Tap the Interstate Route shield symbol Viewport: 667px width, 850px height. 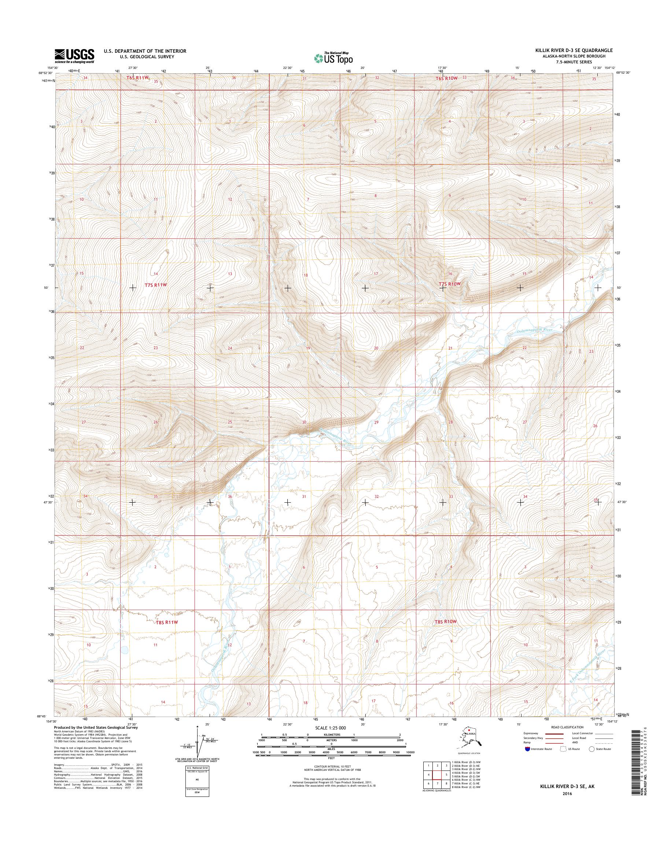click(x=527, y=749)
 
